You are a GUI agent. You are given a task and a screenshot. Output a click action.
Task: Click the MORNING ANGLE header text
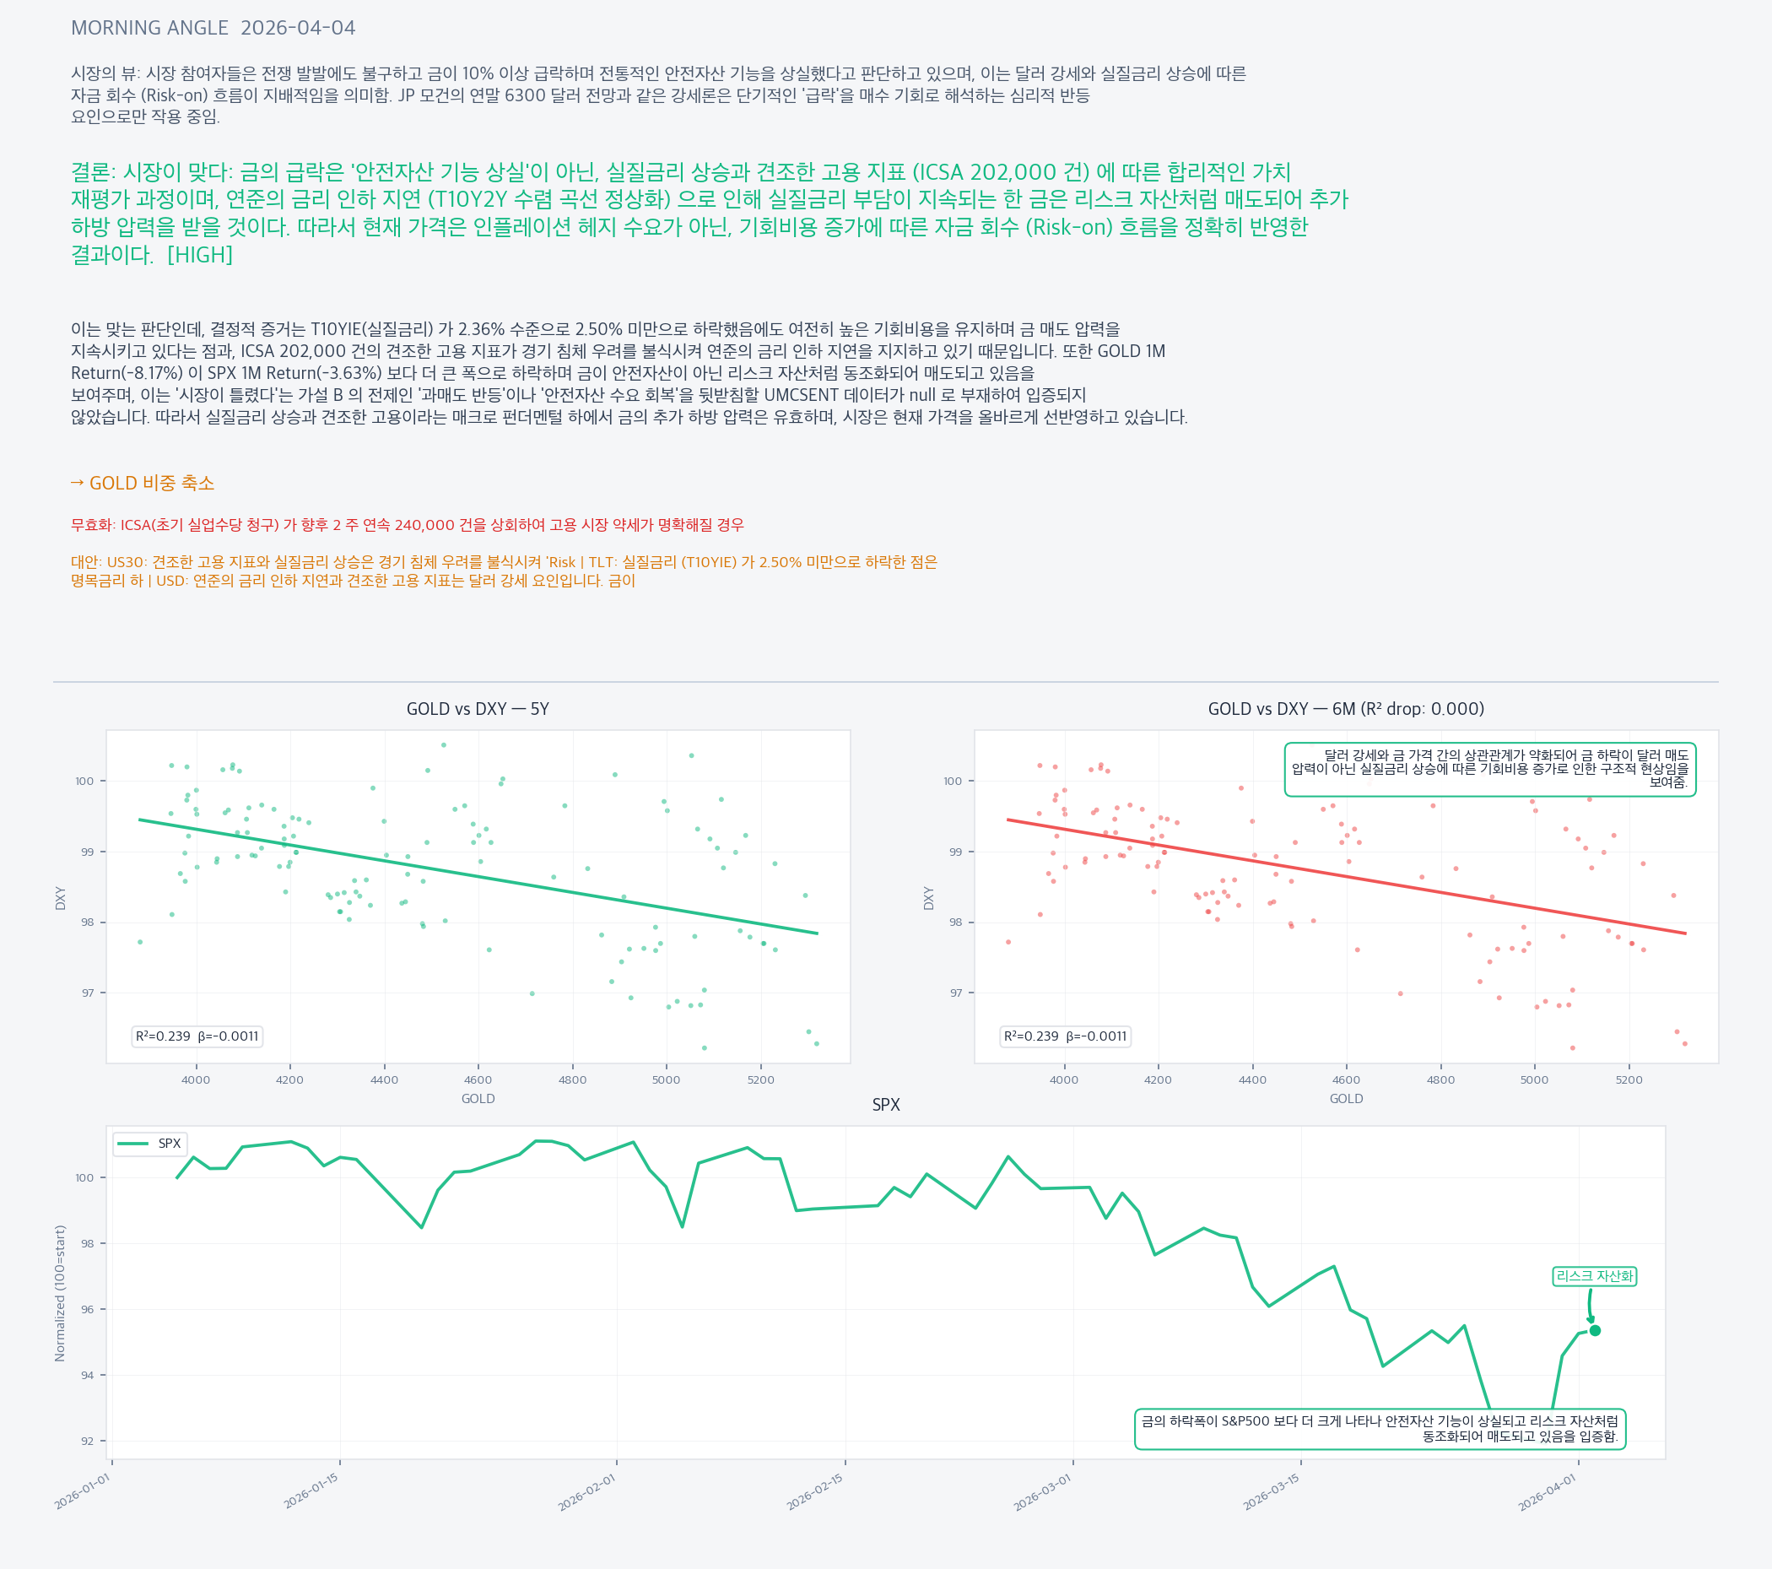pyautogui.click(x=149, y=28)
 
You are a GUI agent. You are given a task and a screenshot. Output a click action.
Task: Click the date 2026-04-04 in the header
pyautogui.click(x=297, y=28)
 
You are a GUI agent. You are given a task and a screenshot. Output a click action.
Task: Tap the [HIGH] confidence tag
pyautogui.click(x=199, y=255)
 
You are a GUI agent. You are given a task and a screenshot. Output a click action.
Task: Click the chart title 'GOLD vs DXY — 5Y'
pyautogui.click(x=478, y=709)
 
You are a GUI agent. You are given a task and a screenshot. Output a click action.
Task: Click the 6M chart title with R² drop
pyautogui.click(x=1346, y=709)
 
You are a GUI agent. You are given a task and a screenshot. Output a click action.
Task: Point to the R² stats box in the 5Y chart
pyautogui.click(x=197, y=1036)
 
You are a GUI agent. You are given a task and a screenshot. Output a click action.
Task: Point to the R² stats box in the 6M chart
pyautogui.click(x=1065, y=1036)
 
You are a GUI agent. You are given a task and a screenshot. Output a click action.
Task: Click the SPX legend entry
pyautogui.click(x=150, y=1143)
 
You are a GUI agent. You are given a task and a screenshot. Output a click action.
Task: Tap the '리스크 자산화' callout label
pyautogui.click(x=1593, y=1276)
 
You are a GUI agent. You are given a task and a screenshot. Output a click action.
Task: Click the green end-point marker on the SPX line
pyautogui.click(x=1594, y=1330)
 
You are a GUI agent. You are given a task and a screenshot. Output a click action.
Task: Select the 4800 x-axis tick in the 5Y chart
pyautogui.click(x=572, y=1079)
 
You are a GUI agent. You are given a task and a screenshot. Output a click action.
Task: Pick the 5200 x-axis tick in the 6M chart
pyautogui.click(x=1628, y=1079)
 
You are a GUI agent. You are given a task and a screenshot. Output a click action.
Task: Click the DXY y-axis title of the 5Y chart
pyautogui.click(x=61, y=898)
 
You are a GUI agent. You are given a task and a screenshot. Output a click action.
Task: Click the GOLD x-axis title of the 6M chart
pyautogui.click(x=1346, y=1099)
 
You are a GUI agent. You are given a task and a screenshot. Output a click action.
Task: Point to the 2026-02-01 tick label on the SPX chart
pyautogui.click(x=587, y=1492)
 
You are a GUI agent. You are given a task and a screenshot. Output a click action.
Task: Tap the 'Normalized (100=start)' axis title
pyautogui.click(x=60, y=1292)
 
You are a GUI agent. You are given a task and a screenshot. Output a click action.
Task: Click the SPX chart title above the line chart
pyautogui.click(x=885, y=1105)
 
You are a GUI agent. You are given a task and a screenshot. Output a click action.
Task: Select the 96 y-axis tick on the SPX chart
pyautogui.click(x=88, y=1309)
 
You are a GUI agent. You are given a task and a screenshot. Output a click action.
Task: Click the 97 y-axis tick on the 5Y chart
pyautogui.click(x=88, y=993)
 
